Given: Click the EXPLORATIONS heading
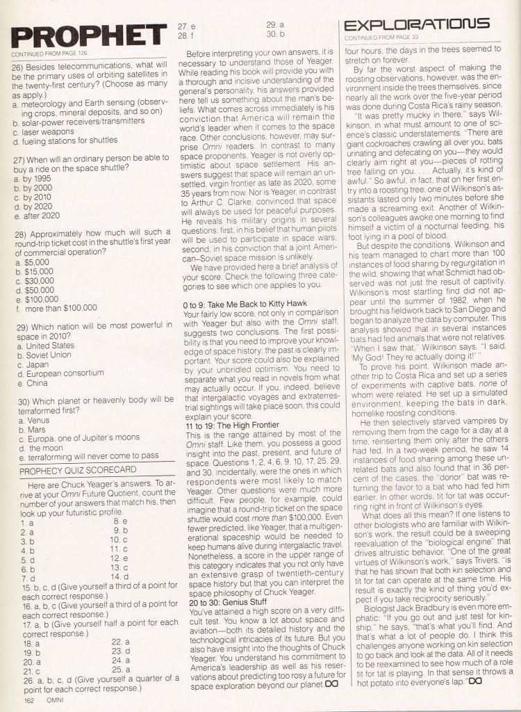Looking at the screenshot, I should click(x=417, y=24).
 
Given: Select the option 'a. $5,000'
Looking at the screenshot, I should click(x=33, y=264).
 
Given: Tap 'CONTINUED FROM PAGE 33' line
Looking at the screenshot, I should click(x=381, y=38).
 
